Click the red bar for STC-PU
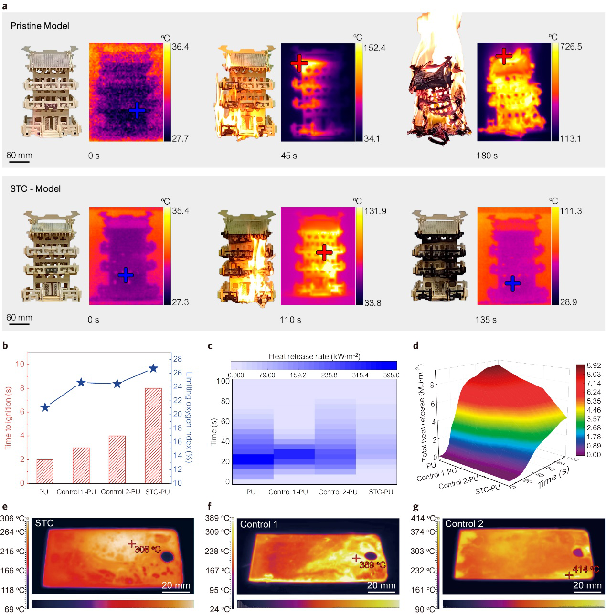point(153,435)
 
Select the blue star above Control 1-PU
point(81,382)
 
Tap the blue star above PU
point(45,407)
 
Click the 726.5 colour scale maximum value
point(571,47)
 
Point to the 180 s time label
point(487,156)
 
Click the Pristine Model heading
point(40,26)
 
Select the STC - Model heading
point(35,189)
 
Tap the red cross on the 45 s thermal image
point(299,63)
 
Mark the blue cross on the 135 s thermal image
point(512,284)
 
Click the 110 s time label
point(290,320)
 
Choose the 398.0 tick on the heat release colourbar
point(391,375)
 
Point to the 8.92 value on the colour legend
point(594,365)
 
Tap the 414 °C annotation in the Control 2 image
point(585,569)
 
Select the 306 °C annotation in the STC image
point(148,549)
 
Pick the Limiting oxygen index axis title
point(189,417)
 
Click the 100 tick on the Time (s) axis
point(223,381)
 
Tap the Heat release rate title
point(314,356)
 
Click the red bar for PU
point(45,471)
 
